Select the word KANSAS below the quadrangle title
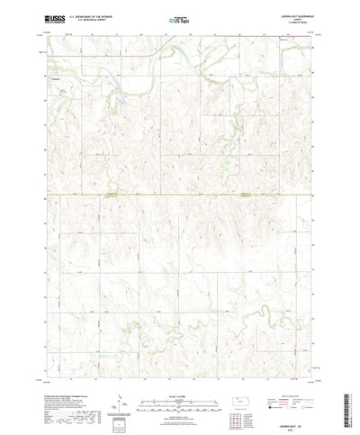click(297, 16)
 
